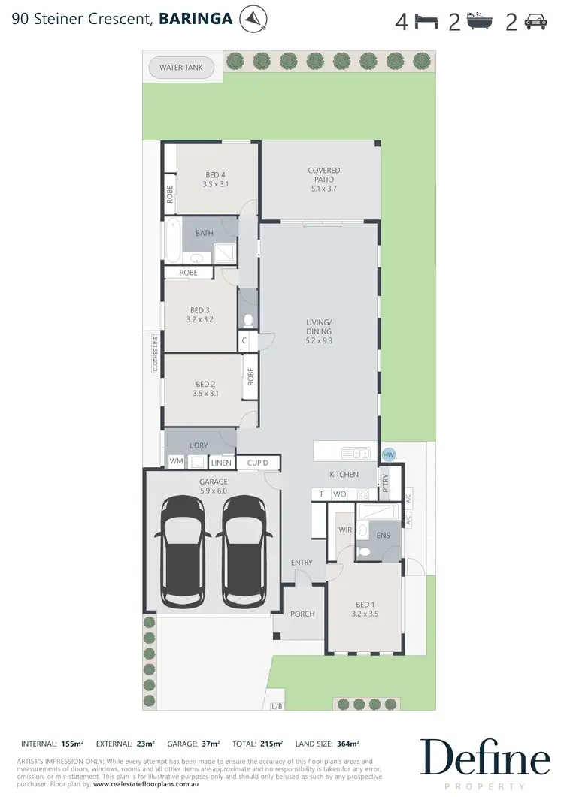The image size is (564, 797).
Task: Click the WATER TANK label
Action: [x=181, y=68]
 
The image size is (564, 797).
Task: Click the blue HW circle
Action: [x=389, y=455]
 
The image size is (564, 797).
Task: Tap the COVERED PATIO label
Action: [x=324, y=175]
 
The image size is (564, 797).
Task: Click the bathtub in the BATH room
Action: [x=174, y=240]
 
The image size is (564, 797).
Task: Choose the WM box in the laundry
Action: [x=176, y=462]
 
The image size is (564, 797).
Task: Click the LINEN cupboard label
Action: [x=221, y=463]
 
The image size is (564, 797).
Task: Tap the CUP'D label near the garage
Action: [x=258, y=463]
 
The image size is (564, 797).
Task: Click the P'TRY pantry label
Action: [x=386, y=481]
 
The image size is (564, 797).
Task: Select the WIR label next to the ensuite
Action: [x=345, y=530]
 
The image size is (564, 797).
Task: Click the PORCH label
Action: [x=302, y=614]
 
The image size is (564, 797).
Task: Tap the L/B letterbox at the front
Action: [x=277, y=706]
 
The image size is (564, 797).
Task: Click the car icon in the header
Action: [x=535, y=21]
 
